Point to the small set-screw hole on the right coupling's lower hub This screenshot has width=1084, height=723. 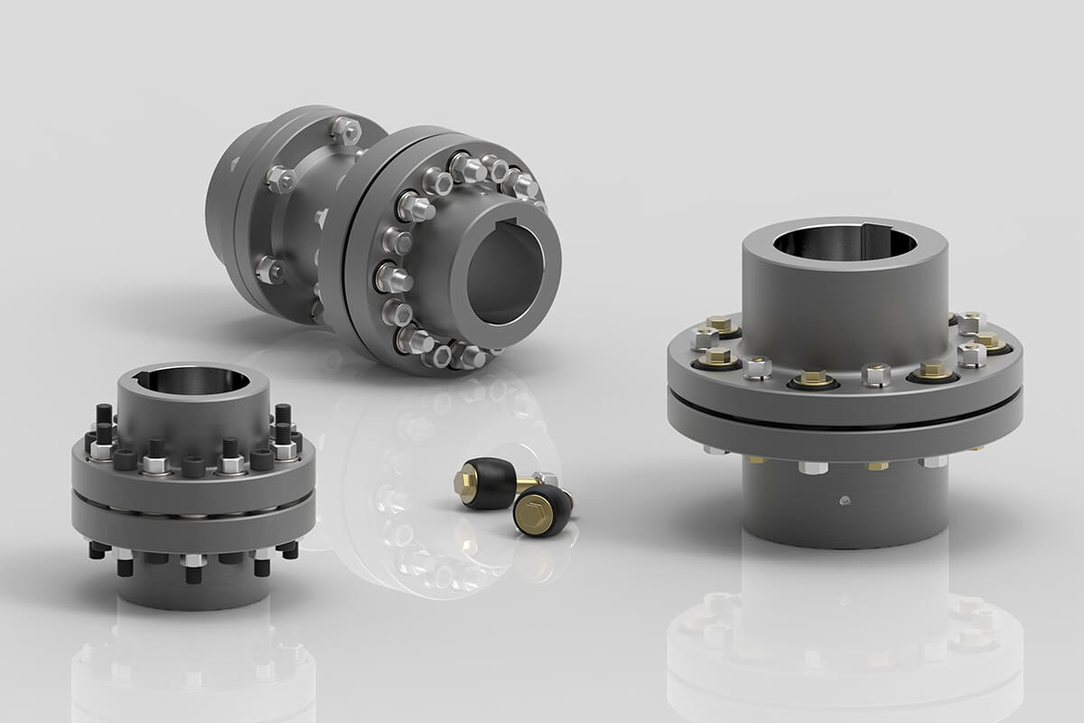(842, 500)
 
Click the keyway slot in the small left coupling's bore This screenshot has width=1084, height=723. (145, 376)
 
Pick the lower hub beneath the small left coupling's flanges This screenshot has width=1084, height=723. (193, 588)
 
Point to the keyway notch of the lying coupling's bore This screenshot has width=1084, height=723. (511, 224)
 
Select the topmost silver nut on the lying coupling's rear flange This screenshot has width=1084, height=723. (345, 129)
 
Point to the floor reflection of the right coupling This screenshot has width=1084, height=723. (845, 642)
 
